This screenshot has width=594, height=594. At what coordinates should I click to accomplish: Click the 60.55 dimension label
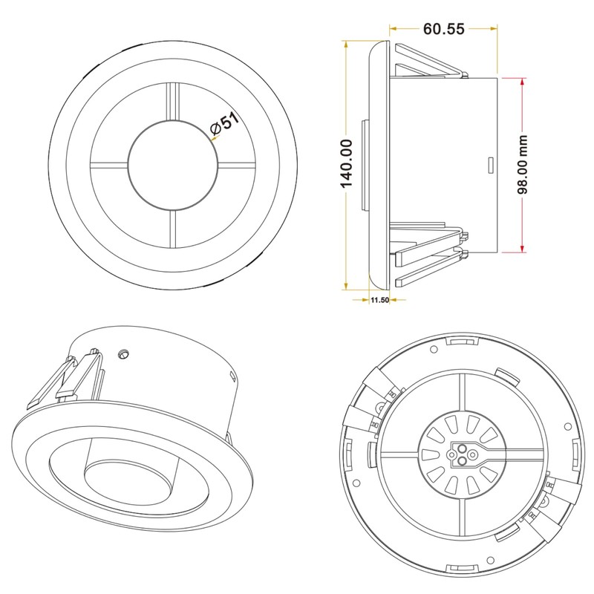[x=443, y=29]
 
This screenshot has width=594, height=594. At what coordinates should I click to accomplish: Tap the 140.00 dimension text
[x=346, y=163]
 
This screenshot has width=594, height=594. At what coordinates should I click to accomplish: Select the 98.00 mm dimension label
[x=523, y=164]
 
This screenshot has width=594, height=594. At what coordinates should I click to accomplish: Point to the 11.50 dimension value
[x=379, y=300]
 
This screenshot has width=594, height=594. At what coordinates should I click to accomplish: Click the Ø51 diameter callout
[x=225, y=123]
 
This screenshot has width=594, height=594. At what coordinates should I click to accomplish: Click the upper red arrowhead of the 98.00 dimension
[x=523, y=82]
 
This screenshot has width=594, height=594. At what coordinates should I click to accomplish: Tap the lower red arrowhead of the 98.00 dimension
[x=523, y=249]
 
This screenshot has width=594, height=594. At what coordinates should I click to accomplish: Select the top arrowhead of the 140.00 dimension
[x=345, y=45]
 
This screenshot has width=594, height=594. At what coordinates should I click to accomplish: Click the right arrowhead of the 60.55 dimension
[x=493, y=28]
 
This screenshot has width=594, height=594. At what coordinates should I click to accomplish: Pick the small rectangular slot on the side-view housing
[x=491, y=165]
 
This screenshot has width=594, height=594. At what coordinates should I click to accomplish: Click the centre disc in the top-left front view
[x=174, y=165]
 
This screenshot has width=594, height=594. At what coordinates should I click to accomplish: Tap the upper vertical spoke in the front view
[x=173, y=102]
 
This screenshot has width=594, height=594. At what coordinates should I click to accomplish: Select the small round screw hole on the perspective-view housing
[x=123, y=354]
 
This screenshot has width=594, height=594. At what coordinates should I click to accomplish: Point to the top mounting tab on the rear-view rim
[x=462, y=342]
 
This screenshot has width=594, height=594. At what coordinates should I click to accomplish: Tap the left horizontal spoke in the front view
[x=109, y=165]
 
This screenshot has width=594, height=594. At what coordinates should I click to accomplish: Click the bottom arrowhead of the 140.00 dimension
[x=345, y=286]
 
